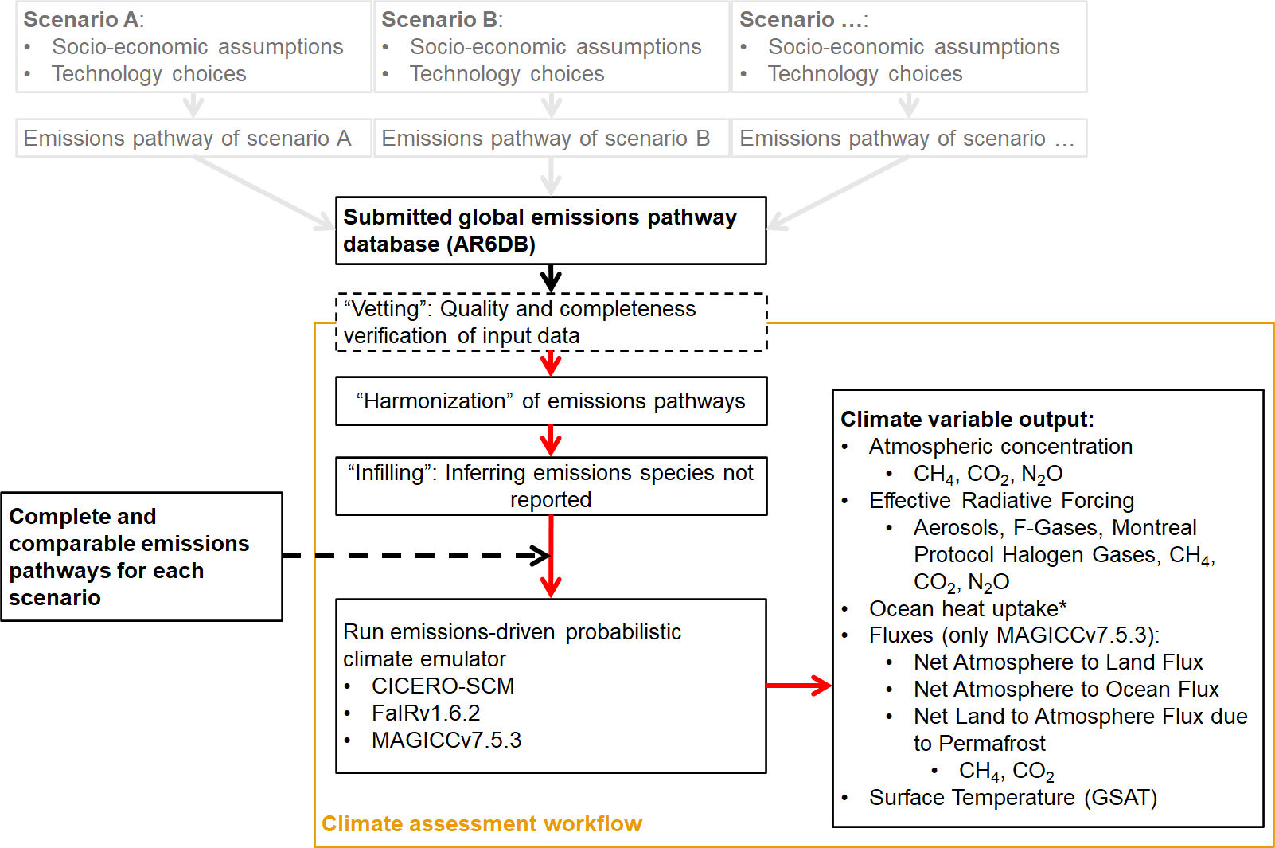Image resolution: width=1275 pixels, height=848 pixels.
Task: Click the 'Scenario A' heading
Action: click(83, 20)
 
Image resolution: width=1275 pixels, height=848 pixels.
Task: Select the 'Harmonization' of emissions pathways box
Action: click(551, 401)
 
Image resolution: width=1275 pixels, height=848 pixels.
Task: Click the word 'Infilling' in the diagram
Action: click(386, 473)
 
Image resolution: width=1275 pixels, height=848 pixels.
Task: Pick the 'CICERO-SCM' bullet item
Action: click(443, 686)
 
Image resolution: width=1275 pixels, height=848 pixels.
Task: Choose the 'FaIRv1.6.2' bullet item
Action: click(426, 713)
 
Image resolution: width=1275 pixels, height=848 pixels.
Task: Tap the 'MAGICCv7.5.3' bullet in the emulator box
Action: click(446, 741)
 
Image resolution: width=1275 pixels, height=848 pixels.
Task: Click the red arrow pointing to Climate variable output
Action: click(798, 685)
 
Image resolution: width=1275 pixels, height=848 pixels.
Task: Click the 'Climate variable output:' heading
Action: click(967, 420)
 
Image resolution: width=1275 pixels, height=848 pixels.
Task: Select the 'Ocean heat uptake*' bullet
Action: click(968, 609)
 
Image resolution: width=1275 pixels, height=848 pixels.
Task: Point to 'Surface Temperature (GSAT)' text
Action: click(1012, 798)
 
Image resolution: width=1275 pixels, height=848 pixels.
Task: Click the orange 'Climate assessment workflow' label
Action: click(482, 824)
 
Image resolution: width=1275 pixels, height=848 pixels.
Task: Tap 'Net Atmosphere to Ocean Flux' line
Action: click(1066, 690)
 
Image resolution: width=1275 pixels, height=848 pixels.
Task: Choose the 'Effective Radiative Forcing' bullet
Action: click(1001, 501)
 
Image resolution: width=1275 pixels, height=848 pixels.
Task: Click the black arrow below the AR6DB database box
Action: click(551, 279)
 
